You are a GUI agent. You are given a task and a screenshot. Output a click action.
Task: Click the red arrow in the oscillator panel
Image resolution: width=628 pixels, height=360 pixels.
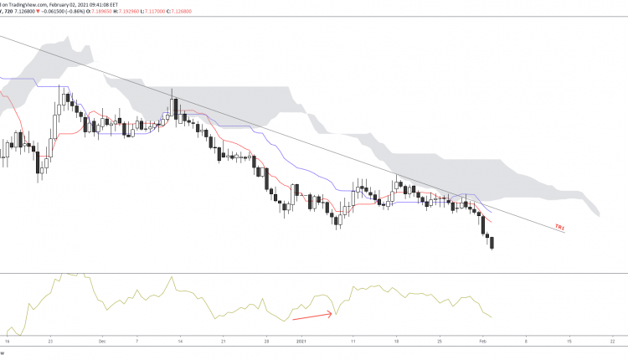[313, 316]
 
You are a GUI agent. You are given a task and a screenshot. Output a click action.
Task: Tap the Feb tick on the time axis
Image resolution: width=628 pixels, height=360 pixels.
[483, 342]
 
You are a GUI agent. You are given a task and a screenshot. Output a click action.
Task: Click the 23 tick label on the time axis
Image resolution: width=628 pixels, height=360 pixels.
[51, 342]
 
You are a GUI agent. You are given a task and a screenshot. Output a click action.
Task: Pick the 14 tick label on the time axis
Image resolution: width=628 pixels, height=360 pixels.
[180, 342]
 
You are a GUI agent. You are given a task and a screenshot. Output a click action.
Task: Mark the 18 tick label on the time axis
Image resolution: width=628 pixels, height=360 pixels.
[396, 342]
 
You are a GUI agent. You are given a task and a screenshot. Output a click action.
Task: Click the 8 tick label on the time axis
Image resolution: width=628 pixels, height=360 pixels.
[526, 342]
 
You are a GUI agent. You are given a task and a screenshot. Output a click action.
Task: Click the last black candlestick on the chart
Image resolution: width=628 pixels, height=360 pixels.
[492, 243]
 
